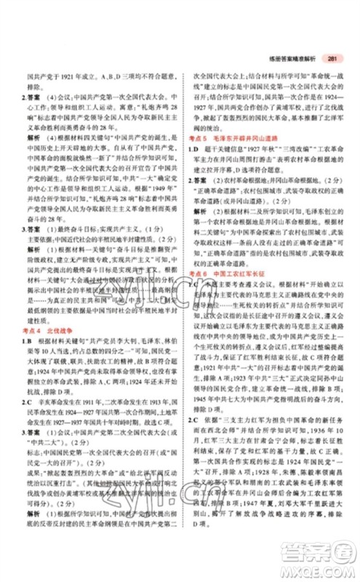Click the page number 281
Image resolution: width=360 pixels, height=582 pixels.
(333, 60)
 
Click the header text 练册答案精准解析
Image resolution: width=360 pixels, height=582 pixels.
(297, 60)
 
